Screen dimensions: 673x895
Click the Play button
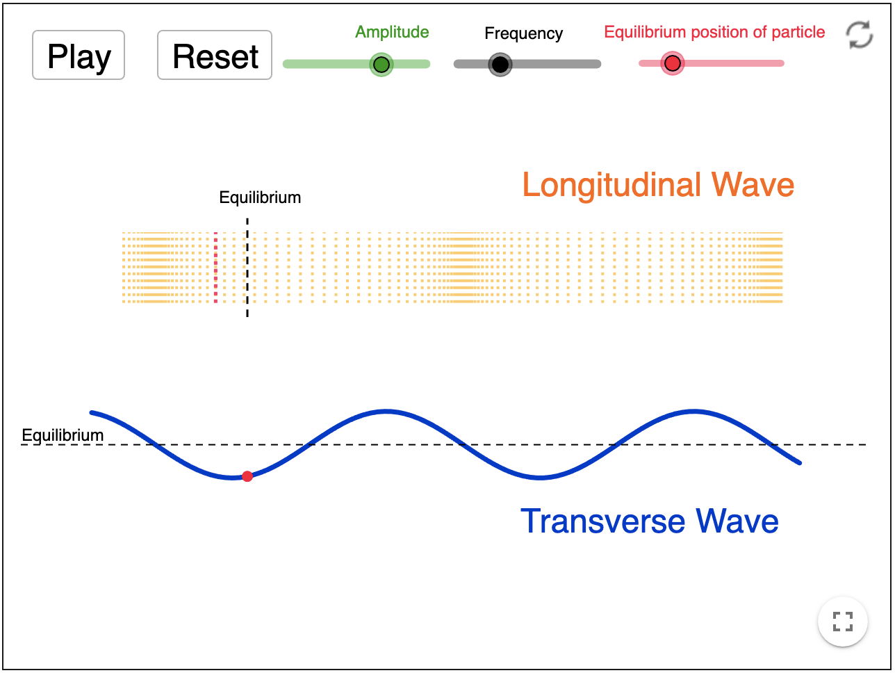pyautogui.click(x=79, y=56)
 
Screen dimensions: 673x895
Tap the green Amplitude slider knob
pyautogui.click(x=381, y=65)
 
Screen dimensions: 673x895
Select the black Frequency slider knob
pyautogui.click(x=500, y=65)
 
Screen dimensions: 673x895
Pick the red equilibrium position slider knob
pyautogui.click(x=672, y=64)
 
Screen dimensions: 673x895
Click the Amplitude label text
pyautogui.click(x=392, y=32)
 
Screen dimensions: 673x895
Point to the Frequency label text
pyautogui.click(x=523, y=33)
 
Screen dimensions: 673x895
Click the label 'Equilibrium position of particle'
pyautogui.click(x=714, y=32)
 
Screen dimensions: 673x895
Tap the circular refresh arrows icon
pyautogui.click(x=860, y=35)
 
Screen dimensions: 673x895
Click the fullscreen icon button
pyautogui.click(x=842, y=621)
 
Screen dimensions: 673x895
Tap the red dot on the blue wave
pyautogui.click(x=247, y=476)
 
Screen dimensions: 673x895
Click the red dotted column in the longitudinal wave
pyautogui.click(x=215, y=268)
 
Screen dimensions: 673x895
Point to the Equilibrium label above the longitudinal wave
pyautogui.click(x=260, y=197)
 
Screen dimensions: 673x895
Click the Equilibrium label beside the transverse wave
pyautogui.click(x=63, y=435)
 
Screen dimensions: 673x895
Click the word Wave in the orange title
pyautogui.click(x=753, y=185)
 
